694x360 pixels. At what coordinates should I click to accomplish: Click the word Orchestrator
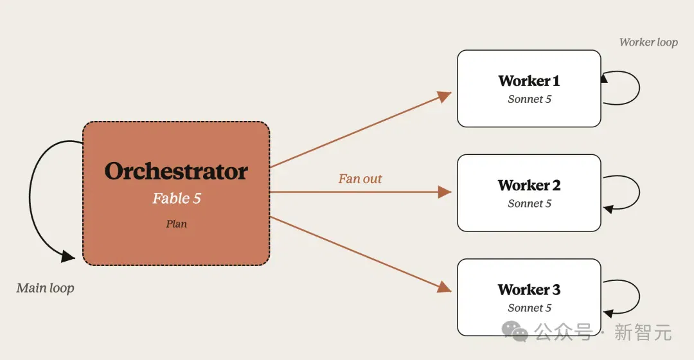point(176,172)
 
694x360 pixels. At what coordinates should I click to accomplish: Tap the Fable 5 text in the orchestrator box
point(177,198)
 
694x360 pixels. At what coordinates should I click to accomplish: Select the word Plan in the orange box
point(176,224)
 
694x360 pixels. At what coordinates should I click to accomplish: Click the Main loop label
point(45,288)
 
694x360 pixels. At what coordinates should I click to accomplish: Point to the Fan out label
point(360,179)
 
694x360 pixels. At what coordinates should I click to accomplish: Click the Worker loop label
point(648,42)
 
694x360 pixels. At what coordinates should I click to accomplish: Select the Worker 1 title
point(529,81)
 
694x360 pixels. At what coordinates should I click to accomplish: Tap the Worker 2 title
point(529,185)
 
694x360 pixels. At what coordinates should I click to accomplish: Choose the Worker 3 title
point(529,289)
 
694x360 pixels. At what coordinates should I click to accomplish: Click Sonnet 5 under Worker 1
point(529,99)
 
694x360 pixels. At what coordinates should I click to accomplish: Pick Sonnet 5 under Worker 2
point(529,204)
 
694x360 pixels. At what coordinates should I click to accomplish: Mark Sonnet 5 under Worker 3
point(529,308)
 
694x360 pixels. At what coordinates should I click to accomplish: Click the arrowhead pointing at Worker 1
point(445,96)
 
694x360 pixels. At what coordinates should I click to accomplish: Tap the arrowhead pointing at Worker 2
point(445,192)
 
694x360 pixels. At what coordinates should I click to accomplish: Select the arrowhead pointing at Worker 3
point(445,287)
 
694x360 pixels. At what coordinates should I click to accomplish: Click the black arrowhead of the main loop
point(67,256)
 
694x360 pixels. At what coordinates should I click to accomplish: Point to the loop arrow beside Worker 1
point(639,87)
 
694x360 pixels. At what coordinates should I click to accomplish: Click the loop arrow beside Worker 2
point(639,192)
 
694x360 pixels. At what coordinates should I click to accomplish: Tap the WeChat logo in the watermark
point(515,332)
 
